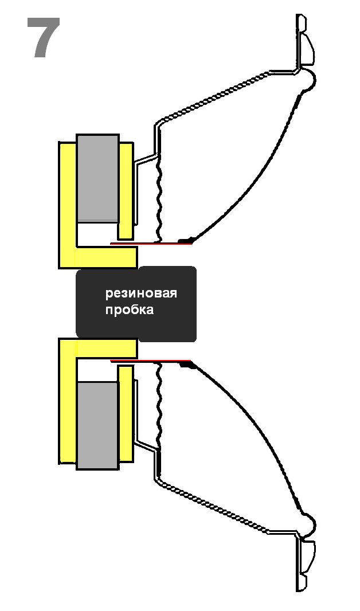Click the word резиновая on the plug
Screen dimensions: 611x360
[141, 294]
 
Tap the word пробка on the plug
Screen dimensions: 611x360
[129, 310]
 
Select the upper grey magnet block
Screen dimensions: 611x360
[97, 178]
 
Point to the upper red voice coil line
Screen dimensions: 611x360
[152, 244]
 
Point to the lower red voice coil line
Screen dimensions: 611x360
[152, 361]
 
